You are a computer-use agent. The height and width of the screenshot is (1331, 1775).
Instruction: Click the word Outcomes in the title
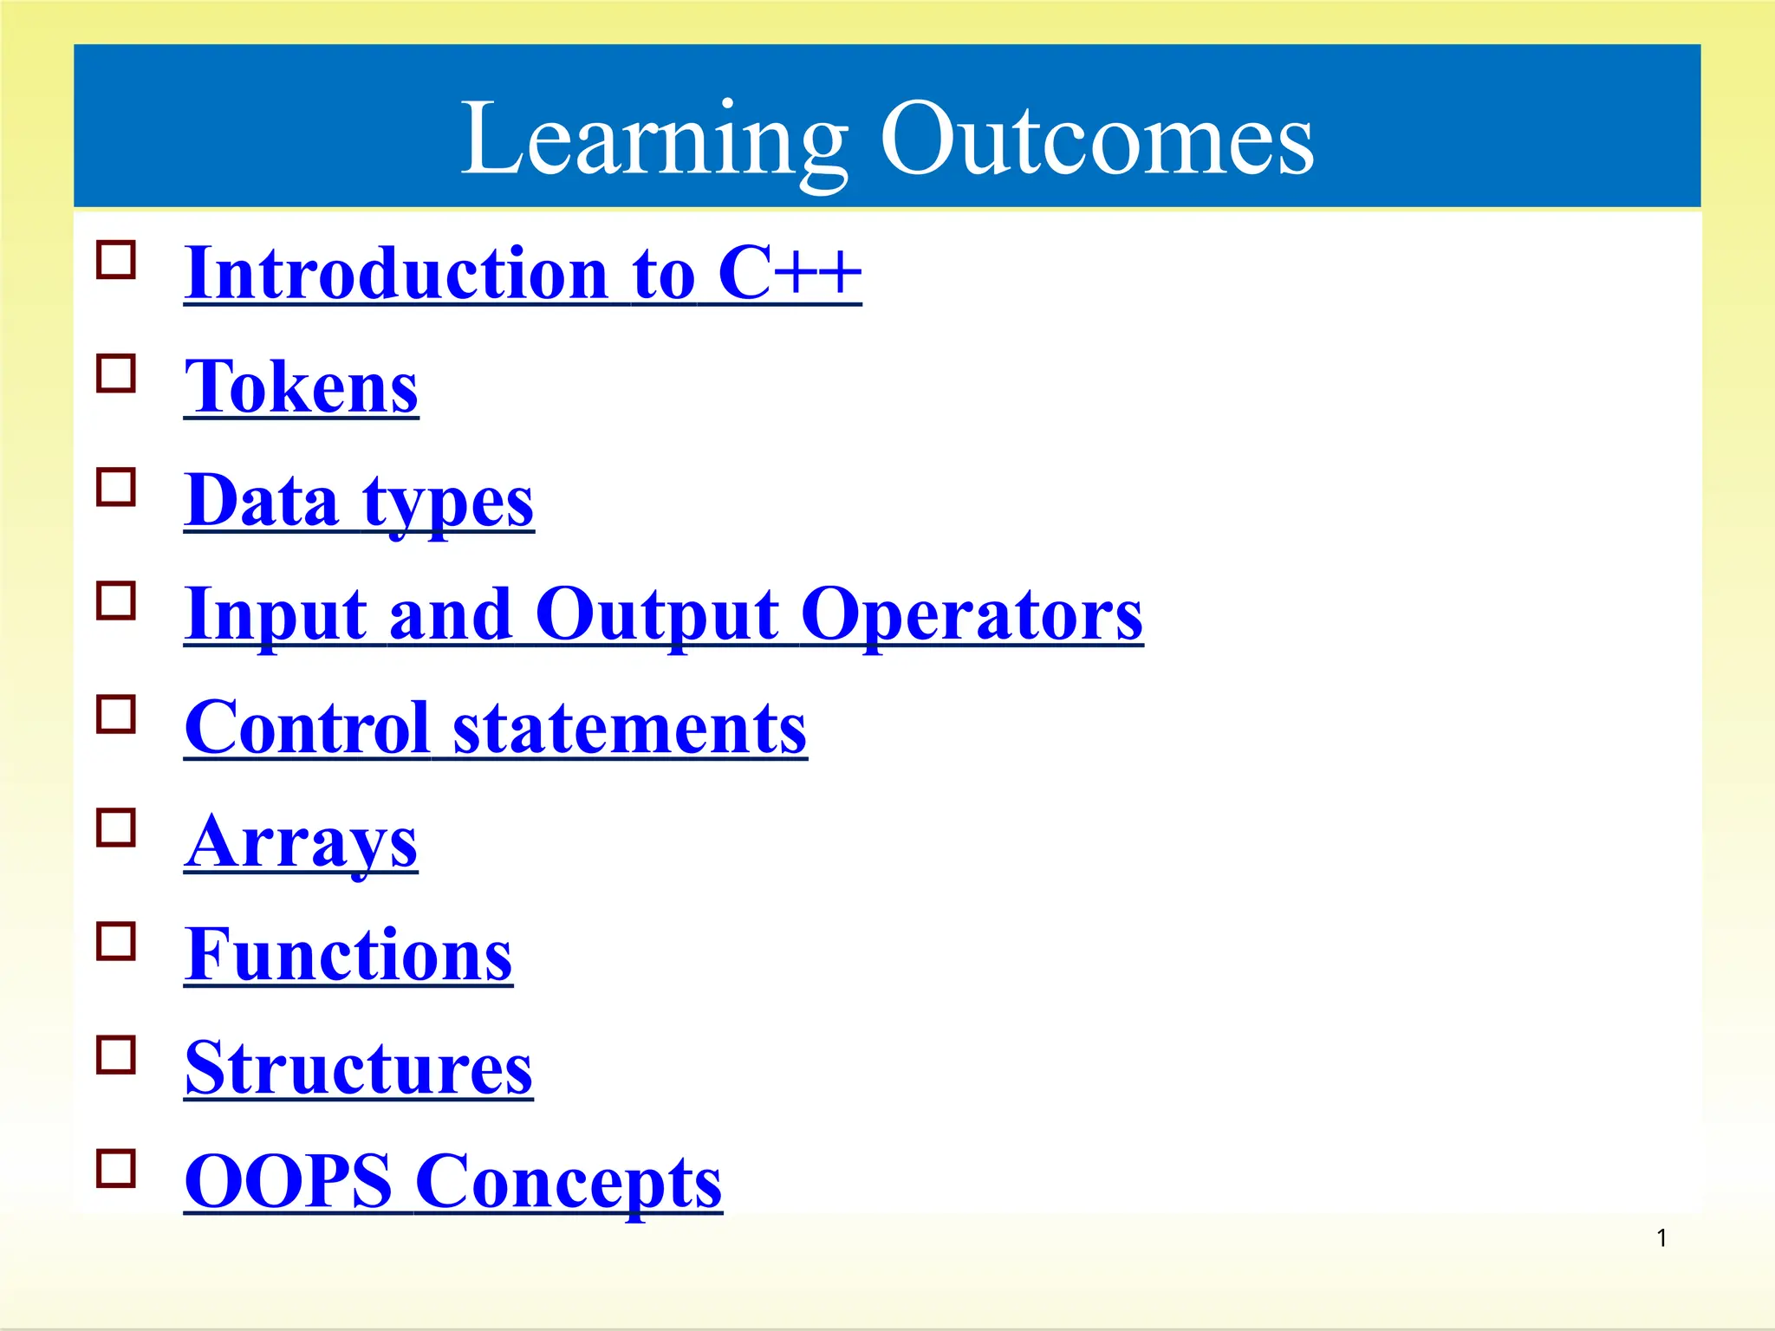point(1096,139)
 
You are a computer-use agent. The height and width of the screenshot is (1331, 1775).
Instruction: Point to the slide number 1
point(1661,1238)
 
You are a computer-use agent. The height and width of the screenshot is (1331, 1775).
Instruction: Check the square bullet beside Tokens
point(116,373)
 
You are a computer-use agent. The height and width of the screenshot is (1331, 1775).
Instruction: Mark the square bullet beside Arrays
point(116,828)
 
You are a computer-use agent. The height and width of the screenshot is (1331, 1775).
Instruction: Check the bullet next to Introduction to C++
point(116,260)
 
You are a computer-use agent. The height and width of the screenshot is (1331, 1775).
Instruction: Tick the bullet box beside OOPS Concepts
point(116,1168)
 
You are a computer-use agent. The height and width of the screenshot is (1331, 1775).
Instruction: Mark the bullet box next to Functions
point(116,941)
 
